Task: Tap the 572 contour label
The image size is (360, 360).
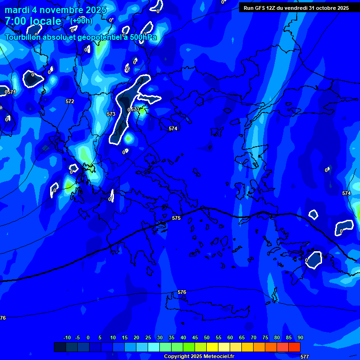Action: (x=70, y=101)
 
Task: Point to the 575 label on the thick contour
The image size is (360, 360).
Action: (x=176, y=218)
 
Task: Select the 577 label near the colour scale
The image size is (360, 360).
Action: (x=305, y=357)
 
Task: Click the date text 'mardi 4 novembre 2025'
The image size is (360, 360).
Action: (x=55, y=10)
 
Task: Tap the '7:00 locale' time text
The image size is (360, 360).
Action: (x=33, y=21)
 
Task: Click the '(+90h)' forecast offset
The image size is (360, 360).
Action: (x=81, y=21)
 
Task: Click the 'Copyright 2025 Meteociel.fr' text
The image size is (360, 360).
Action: (x=199, y=357)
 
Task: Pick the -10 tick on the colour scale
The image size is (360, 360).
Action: (x=67, y=337)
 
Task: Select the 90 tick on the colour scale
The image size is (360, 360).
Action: (x=300, y=337)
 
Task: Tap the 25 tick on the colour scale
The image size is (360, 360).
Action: (x=148, y=337)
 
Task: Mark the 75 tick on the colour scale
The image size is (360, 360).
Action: (x=265, y=337)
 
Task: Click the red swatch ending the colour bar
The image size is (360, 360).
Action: (x=294, y=347)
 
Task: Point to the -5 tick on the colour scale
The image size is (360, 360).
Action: (x=77, y=337)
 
